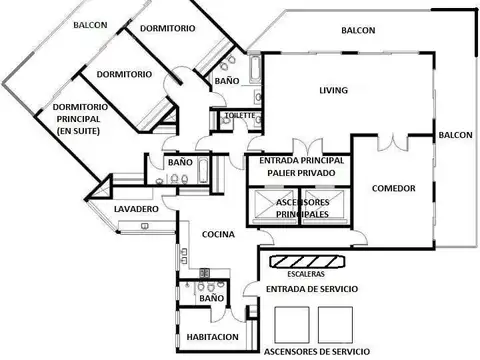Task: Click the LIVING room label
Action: pos(333,91)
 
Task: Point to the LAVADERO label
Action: pos(136,209)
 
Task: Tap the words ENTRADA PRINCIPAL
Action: pos(302,160)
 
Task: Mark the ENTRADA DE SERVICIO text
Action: pos(312,288)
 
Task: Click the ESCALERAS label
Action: pos(306,271)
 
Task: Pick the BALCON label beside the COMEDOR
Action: pos(454,134)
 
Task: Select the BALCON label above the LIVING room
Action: pos(357,30)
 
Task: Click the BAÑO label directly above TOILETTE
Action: pos(226,79)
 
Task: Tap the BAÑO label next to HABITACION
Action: pos(210,298)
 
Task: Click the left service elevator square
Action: pos(292,322)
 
